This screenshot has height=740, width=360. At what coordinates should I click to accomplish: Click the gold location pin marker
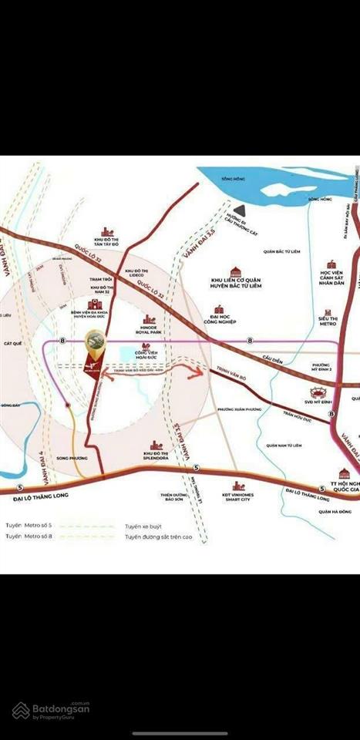pyautogui.click(x=95, y=341)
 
